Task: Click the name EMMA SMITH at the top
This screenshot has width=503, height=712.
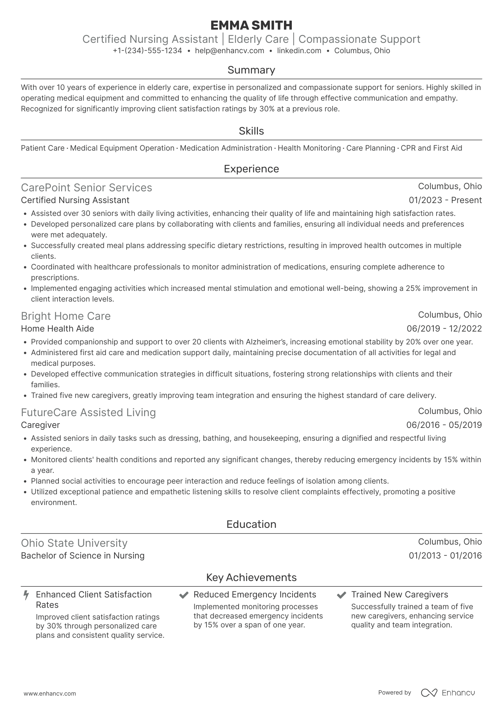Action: tap(251, 25)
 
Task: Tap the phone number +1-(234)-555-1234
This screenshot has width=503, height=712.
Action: tap(147, 51)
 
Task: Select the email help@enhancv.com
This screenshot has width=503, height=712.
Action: tap(229, 51)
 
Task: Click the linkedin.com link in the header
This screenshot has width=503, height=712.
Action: tap(299, 51)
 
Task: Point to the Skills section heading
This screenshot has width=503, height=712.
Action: tap(251, 131)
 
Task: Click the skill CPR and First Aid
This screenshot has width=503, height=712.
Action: tap(431, 148)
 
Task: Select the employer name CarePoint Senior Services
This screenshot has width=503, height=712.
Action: tap(86, 188)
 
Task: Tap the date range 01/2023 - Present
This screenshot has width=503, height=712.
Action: tap(445, 200)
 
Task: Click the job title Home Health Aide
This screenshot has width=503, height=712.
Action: tap(57, 329)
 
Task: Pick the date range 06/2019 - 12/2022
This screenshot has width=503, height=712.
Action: tap(444, 329)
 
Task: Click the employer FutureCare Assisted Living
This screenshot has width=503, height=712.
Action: tap(88, 413)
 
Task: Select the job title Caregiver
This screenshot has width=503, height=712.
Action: tap(40, 425)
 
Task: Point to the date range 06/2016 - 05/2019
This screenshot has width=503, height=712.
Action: tap(444, 425)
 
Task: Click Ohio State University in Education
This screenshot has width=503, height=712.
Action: tap(74, 543)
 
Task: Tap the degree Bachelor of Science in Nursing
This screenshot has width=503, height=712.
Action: tap(82, 556)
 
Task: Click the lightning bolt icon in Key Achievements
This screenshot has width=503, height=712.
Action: tap(26, 595)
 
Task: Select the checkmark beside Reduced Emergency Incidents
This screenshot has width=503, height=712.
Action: tap(184, 595)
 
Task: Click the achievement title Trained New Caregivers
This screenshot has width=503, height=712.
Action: tap(400, 595)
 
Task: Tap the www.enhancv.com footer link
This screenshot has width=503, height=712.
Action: tap(50, 694)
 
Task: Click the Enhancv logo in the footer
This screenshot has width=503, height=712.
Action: tap(448, 693)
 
